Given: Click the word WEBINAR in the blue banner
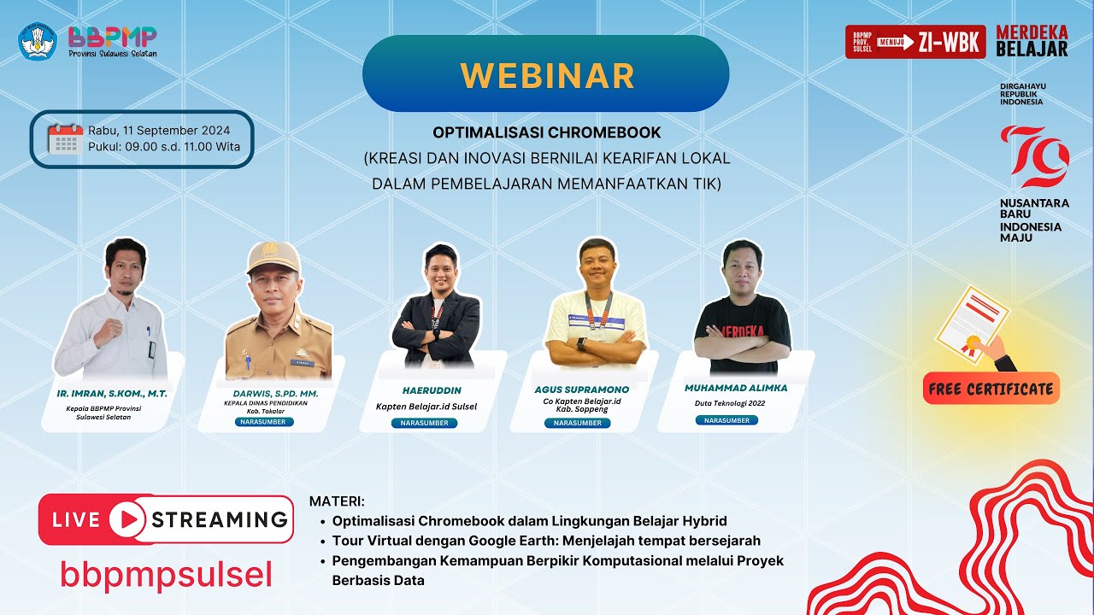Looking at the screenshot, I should pyautogui.click(x=546, y=75).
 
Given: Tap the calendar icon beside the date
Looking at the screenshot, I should pyautogui.click(x=65, y=138).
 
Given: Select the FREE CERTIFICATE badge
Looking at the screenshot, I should pyautogui.click(x=991, y=389).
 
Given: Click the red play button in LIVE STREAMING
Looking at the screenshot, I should pyautogui.click(x=126, y=519).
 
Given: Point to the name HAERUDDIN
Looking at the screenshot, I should pyautogui.click(x=432, y=390).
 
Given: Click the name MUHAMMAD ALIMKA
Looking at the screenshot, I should pyautogui.click(x=736, y=388).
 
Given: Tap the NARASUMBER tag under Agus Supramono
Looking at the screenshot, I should pyautogui.click(x=577, y=423).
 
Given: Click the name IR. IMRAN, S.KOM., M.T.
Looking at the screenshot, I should pyautogui.click(x=112, y=394).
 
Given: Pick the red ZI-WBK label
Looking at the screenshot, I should pyautogui.click(x=949, y=42).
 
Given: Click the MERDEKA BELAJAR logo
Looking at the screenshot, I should pyautogui.click(x=1032, y=41).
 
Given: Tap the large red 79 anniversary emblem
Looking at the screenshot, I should pyautogui.click(x=1034, y=156).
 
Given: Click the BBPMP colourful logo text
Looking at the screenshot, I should pyautogui.click(x=112, y=36).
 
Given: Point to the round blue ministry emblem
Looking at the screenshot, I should pyautogui.click(x=38, y=40).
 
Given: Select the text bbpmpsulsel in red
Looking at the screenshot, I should pyautogui.click(x=166, y=575).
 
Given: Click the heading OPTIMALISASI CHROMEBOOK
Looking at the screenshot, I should pyautogui.click(x=546, y=133).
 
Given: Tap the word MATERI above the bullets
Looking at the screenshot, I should pyautogui.click(x=336, y=501).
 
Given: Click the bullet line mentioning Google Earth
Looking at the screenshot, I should pyautogui.click(x=545, y=540).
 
